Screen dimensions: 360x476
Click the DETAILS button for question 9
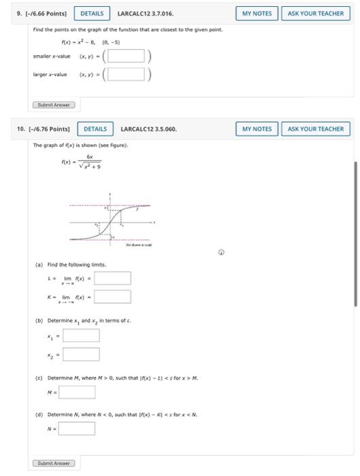tap(93, 13)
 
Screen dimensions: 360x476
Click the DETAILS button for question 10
tap(95, 129)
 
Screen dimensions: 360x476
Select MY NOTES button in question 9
tap(257, 13)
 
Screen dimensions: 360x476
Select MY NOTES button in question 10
tap(257, 129)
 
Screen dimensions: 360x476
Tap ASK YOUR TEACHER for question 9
tap(316, 13)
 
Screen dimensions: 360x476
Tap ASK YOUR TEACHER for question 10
tap(316, 129)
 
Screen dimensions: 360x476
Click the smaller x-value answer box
tap(129, 56)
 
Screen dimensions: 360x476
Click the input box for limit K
tap(113, 296)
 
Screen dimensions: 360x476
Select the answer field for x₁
tap(82, 335)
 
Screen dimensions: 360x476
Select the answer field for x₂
tap(82, 354)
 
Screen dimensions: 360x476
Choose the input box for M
tap(77, 392)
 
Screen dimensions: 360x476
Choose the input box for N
tap(77, 429)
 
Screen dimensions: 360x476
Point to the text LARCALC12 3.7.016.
tap(145, 13)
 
